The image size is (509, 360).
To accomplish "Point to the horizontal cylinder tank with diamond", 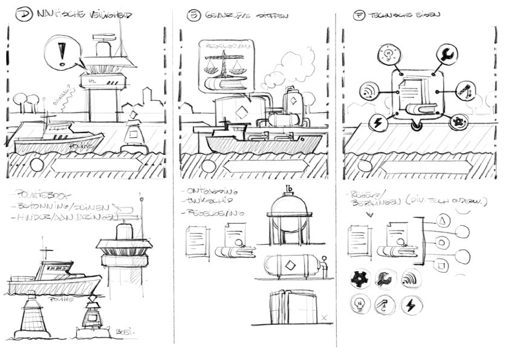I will pos(293,265).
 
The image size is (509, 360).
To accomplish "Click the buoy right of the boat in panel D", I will pos(135,133).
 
